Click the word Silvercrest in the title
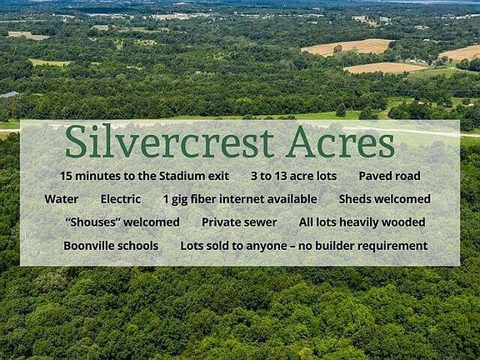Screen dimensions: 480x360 tap(169, 141)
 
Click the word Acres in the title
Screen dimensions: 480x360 tap(340, 142)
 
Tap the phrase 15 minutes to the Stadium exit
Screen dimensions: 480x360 tap(144, 176)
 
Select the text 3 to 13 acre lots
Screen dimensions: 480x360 tap(293, 176)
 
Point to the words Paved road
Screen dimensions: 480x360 tap(389, 176)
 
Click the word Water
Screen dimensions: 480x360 tap(62, 199)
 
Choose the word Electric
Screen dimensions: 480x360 tap(121, 199)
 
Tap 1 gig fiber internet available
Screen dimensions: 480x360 tap(240, 200)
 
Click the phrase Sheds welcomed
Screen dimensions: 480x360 tap(384, 199)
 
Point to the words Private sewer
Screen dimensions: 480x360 tap(239, 222)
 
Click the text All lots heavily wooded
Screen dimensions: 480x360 tap(362, 222)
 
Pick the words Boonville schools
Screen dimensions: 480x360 tap(111, 246)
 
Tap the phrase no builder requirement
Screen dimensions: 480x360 tap(362, 246)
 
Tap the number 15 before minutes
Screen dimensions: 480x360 tap(66, 176)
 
